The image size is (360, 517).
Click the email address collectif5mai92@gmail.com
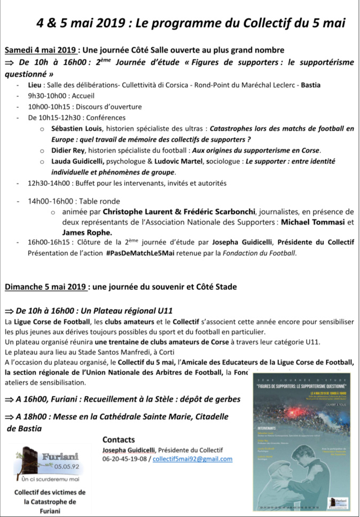pos(193,459)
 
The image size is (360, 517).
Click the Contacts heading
pos(118,440)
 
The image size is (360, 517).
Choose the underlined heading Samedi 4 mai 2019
pos(42,50)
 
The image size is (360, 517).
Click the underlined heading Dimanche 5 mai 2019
pos(46,287)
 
